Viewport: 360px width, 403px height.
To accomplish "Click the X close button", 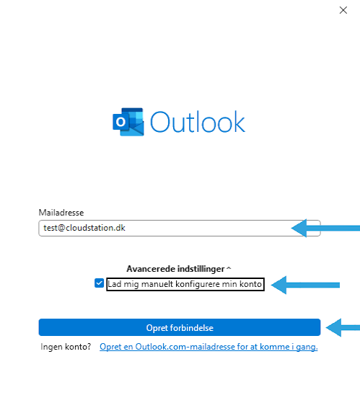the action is pos(343,10).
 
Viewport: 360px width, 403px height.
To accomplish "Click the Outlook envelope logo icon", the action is pos(128,122).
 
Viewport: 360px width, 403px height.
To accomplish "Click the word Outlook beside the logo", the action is pos(198,122).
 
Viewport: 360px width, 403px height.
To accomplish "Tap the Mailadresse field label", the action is pos(61,213).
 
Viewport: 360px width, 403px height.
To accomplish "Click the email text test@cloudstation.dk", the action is pos(84,228).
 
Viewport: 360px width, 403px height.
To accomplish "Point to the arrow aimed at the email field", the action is pos(325,228).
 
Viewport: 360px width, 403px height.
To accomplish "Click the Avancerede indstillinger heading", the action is pos(175,269).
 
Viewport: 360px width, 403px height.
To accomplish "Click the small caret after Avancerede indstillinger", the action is pos(229,268).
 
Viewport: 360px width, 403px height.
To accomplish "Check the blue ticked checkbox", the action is pos(99,283).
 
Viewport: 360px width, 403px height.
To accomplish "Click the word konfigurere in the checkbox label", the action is pos(198,284).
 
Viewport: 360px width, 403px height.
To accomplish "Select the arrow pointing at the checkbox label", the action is pos(305,285).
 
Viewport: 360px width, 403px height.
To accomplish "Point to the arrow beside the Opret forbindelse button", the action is pos(343,327).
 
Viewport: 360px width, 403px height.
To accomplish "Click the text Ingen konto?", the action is pos(66,347).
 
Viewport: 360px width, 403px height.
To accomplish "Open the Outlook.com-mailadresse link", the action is pos(208,347).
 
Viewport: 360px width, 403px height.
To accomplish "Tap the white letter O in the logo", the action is pos(120,122).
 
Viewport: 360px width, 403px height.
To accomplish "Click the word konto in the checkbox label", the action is pos(250,284).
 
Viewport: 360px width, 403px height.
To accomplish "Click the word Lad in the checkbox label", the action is pos(115,284).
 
